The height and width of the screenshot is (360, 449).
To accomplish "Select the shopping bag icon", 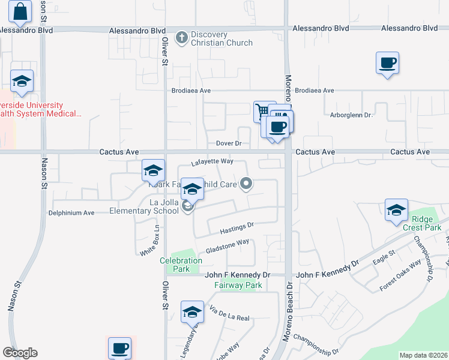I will click(x=20, y=11).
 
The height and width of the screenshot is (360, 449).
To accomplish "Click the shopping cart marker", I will click(x=262, y=111).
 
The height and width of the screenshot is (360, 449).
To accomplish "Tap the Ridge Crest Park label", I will click(x=426, y=223).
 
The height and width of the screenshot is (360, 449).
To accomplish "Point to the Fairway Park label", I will click(x=238, y=286).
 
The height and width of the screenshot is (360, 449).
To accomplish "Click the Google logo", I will click(x=20, y=353).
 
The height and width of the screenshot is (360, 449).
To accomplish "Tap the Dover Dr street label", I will click(x=229, y=144).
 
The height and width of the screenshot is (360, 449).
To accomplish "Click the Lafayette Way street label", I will click(x=212, y=161).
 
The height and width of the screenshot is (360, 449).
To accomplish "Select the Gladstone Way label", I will click(x=227, y=246).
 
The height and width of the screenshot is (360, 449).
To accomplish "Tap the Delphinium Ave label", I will click(x=71, y=213).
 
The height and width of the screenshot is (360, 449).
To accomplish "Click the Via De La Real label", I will click(x=229, y=313).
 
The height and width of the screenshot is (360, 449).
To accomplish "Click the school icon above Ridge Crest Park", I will click(x=396, y=211).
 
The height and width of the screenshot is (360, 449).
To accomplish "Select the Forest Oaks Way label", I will click(x=400, y=275).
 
